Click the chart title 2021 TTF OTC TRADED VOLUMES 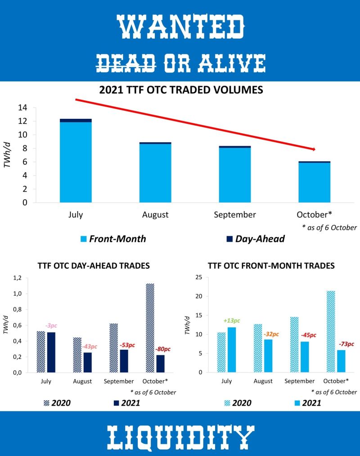point(181,90)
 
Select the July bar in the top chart point(76,162)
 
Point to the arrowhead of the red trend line point(313,149)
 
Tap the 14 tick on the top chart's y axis point(22,108)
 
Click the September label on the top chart point(234,214)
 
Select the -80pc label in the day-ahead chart point(163,349)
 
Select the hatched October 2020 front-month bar point(331,331)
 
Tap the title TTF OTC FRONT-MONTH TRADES point(271,266)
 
